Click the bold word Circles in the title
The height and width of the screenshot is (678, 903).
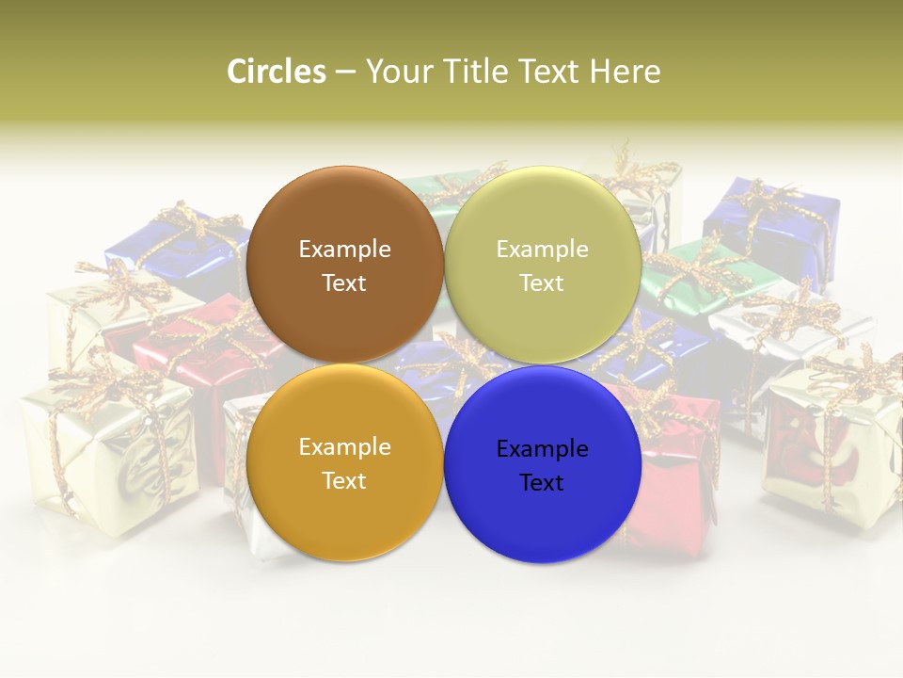pyautogui.click(x=276, y=72)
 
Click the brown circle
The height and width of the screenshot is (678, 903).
pyautogui.click(x=344, y=265)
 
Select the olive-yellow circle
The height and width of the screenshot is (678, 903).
pyautogui.click(x=542, y=265)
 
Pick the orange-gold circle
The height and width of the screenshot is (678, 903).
pyautogui.click(x=344, y=462)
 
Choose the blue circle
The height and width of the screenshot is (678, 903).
pyautogui.click(x=542, y=464)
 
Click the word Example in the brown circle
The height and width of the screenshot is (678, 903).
pyautogui.click(x=344, y=249)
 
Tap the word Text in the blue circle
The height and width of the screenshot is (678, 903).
pyautogui.click(x=542, y=483)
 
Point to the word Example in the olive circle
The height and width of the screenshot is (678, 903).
pyautogui.click(x=542, y=249)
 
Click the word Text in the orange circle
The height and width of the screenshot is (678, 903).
pyautogui.click(x=344, y=481)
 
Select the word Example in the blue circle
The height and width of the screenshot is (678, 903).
pyautogui.click(x=542, y=448)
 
